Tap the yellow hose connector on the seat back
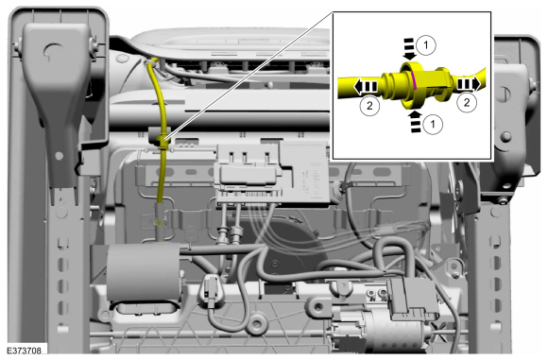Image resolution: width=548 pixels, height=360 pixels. (164, 143)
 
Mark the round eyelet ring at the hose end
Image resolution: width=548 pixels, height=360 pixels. (256, 327)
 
